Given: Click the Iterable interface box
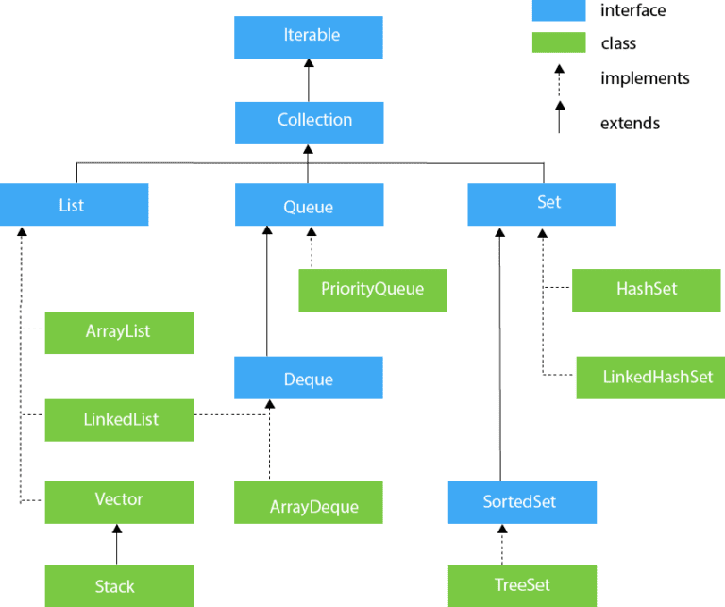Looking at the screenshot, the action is pos(309,37).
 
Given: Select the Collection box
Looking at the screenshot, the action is pos(309,123).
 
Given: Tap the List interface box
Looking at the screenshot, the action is pos(74,204).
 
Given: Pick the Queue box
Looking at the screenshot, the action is pos(309,204).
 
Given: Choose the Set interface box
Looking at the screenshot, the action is pos(542,204).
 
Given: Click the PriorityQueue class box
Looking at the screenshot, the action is pos(373,290).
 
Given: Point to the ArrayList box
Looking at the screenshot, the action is pos(119,332).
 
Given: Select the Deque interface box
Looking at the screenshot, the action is pos(309,378).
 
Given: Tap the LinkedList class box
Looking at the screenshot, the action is pos(119,420).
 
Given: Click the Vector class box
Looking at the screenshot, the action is pos(119,502).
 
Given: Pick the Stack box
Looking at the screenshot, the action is pos(119,585).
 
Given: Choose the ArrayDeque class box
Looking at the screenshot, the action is pos(309,502).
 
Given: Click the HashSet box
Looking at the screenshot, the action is pos(646,290).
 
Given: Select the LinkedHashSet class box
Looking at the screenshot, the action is pos(650,378).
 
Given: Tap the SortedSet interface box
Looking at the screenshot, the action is pos(522,502).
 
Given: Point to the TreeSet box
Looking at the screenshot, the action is pos(522,585).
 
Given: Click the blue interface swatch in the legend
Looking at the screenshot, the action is pos(559,10).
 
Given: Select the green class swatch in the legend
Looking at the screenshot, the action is pos(559,42).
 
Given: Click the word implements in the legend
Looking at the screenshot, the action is pos(645,78).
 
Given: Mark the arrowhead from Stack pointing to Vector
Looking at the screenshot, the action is pos(117,529).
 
